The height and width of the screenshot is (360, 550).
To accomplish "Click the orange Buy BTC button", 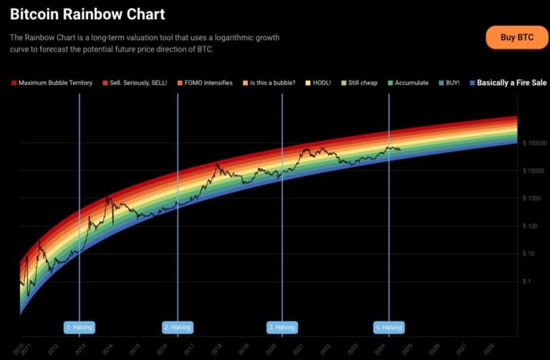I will [x=516, y=37].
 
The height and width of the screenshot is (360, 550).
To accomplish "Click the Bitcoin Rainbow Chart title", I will [x=87, y=14].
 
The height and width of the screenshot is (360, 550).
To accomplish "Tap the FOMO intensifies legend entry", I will [x=206, y=83].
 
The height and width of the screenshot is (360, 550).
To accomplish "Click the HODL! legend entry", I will [x=318, y=83].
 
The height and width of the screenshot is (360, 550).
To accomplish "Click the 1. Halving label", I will [x=79, y=327].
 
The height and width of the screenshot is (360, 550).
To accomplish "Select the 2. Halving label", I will [x=177, y=327].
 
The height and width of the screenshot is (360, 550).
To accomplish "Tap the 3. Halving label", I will [x=281, y=327].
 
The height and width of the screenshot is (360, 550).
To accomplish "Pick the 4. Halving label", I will [x=389, y=327].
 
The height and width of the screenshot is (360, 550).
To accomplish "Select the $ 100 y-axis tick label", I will [x=531, y=226].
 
